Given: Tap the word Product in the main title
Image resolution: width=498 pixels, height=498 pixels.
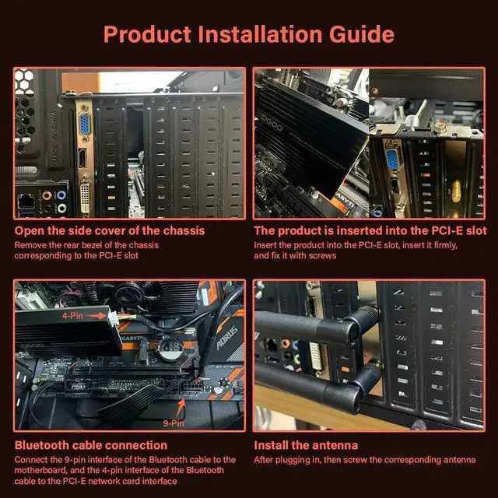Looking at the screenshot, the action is [x=147, y=34].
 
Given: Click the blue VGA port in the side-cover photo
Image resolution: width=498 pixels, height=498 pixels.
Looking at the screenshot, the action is [x=85, y=124].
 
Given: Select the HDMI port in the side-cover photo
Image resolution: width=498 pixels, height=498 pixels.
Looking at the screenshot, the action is [x=82, y=158].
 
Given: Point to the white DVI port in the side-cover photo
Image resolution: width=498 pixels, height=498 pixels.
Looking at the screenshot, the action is [x=85, y=197].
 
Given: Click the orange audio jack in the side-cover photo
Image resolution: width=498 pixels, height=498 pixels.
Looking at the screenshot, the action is [x=47, y=195].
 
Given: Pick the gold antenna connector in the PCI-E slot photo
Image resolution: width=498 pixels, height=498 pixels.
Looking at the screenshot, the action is [x=456, y=191].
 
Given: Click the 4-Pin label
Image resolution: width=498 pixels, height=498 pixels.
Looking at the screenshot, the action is [x=72, y=316].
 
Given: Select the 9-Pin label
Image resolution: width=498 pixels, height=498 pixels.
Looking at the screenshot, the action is [x=174, y=423].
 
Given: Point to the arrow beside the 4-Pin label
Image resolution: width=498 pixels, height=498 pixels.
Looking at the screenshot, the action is [x=96, y=316].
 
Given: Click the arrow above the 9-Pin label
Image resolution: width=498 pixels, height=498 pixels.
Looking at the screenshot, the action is [x=181, y=408].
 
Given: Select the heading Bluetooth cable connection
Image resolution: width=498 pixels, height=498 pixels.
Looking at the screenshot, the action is [x=91, y=445].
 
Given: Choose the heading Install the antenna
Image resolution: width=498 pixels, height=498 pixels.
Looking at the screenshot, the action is [x=306, y=445].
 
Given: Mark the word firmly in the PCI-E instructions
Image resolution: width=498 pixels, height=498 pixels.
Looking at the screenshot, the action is [x=445, y=245].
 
